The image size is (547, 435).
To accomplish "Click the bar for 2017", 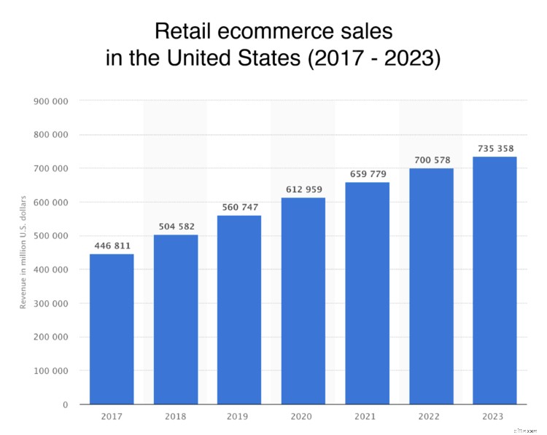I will pyautogui.click(x=112, y=329).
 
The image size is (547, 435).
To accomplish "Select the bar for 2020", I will pyautogui.click(x=303, y=301).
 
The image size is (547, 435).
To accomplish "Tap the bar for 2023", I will pyautogui.click(x=494, y=281).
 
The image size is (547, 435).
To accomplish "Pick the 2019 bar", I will pyautogui.click(x=239, y=310).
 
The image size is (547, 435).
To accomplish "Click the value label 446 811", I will pyautogui.click(x=112, y=246).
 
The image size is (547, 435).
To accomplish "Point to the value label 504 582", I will pyautogui.click(x=176, y=227).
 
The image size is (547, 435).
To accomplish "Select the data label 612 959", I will pyautogui.click(x=303, y=190).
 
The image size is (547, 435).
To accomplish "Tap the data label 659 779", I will pyautogui.click(x=367, y=174).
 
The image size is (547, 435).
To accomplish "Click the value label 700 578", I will pyautogui.click(x=431, y=160).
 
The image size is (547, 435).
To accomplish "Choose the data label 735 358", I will pyautogui.click(x=494, y=149).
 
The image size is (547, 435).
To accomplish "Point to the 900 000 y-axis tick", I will pyautogui.click(x=51, y=101).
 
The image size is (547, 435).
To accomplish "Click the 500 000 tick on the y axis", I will pyautogui.click(x=51, y=236).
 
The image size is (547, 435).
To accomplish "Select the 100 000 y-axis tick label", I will pyautogui.click(x=51, y=371).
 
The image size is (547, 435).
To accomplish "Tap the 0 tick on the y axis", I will pyautogui.click(x=65, y=404).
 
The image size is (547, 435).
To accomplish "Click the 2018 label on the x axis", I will pyautogui.click(x=176, y=416).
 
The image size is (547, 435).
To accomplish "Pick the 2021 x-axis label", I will pyautogui.click(x=367, y=416).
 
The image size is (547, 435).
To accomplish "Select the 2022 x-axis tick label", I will pyautogui.click(x=431, y=416).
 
